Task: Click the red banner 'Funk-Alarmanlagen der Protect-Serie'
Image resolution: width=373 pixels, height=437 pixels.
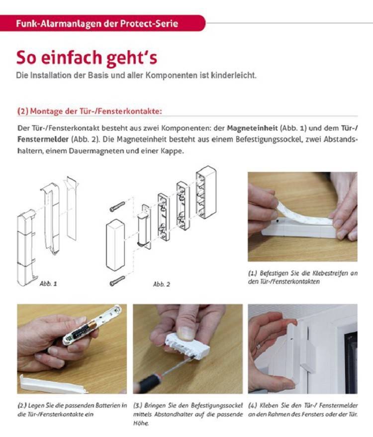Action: [102, 23]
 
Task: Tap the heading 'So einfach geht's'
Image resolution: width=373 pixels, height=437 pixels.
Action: [87, 58]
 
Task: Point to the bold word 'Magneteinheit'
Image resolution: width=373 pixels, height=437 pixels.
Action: [252, 128]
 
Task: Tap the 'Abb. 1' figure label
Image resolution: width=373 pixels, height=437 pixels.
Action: [48, 284]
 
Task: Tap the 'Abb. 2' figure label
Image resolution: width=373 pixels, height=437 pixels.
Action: [162, 284]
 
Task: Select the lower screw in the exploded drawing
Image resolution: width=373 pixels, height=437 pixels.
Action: [117, 281]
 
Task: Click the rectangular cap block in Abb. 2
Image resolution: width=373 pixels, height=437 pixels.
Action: [115, 245]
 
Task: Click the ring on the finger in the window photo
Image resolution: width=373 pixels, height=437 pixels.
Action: [259, 347]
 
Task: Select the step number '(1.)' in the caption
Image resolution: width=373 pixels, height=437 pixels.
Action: [253, 273]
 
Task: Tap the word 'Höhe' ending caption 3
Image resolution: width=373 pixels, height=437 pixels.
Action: [141, 424]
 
